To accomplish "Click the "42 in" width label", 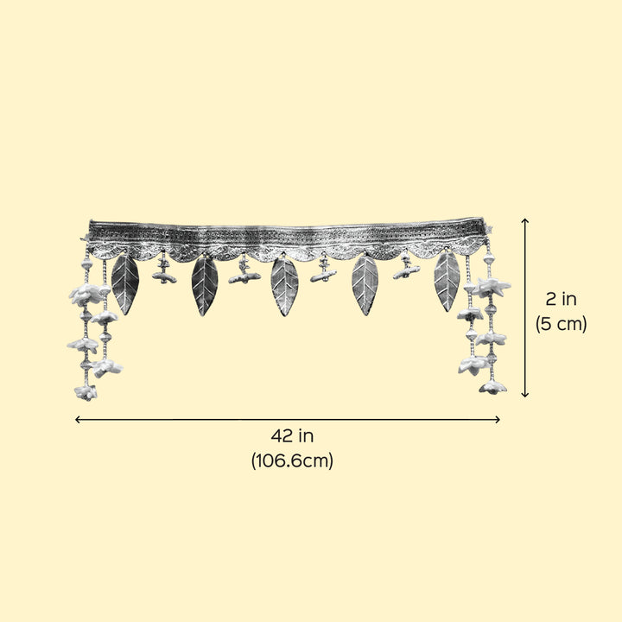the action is click(x=292, y=436).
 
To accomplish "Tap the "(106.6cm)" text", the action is click(x=292, y=461).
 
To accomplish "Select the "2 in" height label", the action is click(x=561, y=299).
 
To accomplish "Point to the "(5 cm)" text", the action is click(x=561, y=324).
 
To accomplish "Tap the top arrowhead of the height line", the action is click(x=525, y=219).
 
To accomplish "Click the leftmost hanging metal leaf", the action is click(x=125, y=283).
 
